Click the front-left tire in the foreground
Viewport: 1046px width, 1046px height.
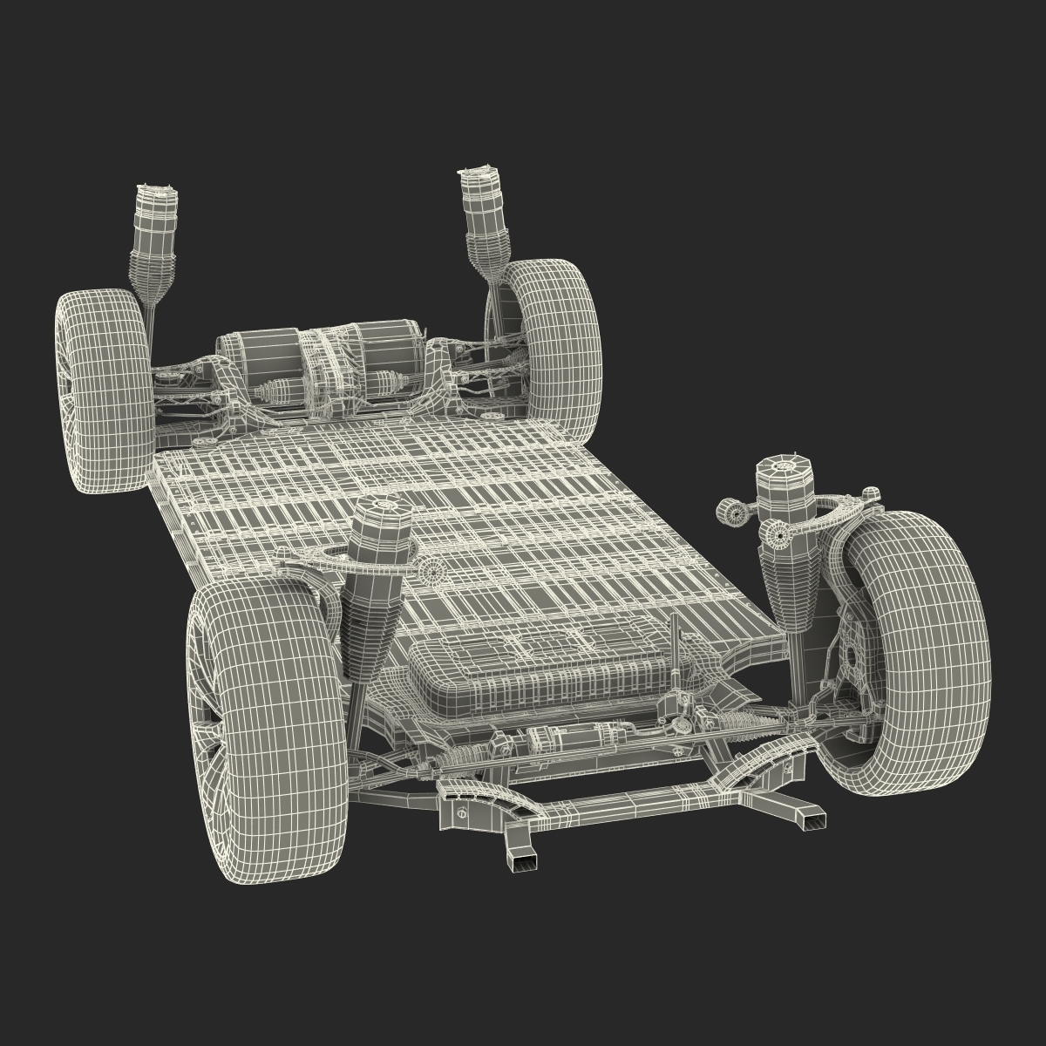(x=266, y=689)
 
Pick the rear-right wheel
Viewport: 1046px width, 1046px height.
(x=554, y=340)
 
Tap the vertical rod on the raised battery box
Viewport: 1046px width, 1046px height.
(x=673, y=645)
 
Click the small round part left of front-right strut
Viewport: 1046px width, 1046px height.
(x=732, y=514)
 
